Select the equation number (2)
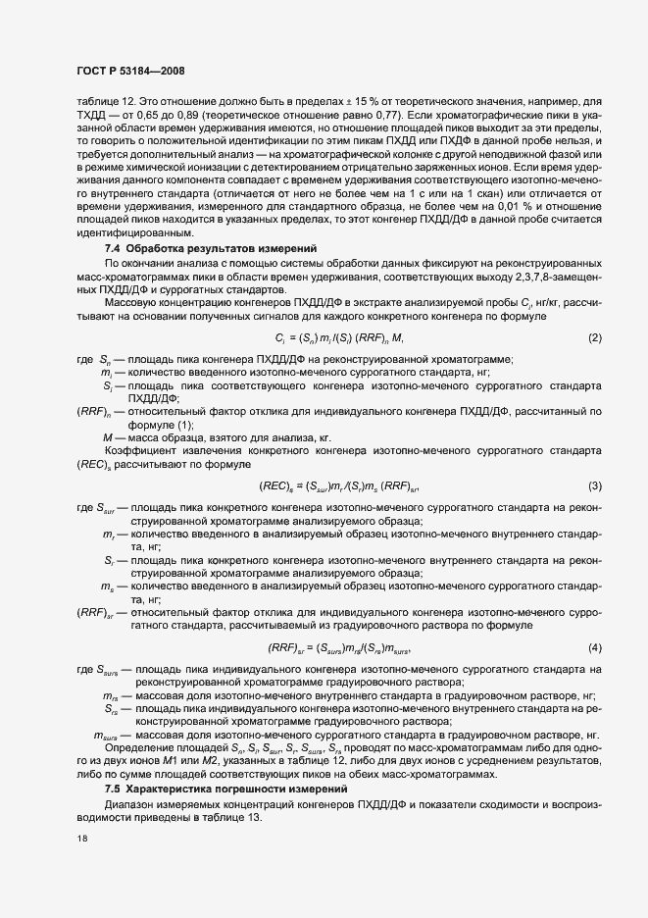click(594, 338)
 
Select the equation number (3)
click(594, 486)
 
